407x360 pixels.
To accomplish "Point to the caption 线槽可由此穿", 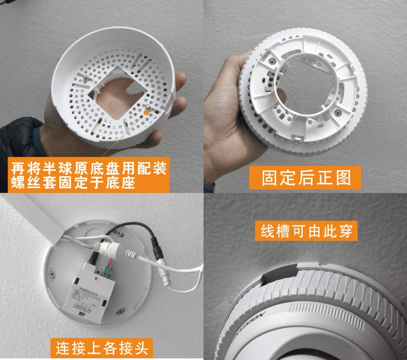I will pyautogui.click(x=306, y=231).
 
